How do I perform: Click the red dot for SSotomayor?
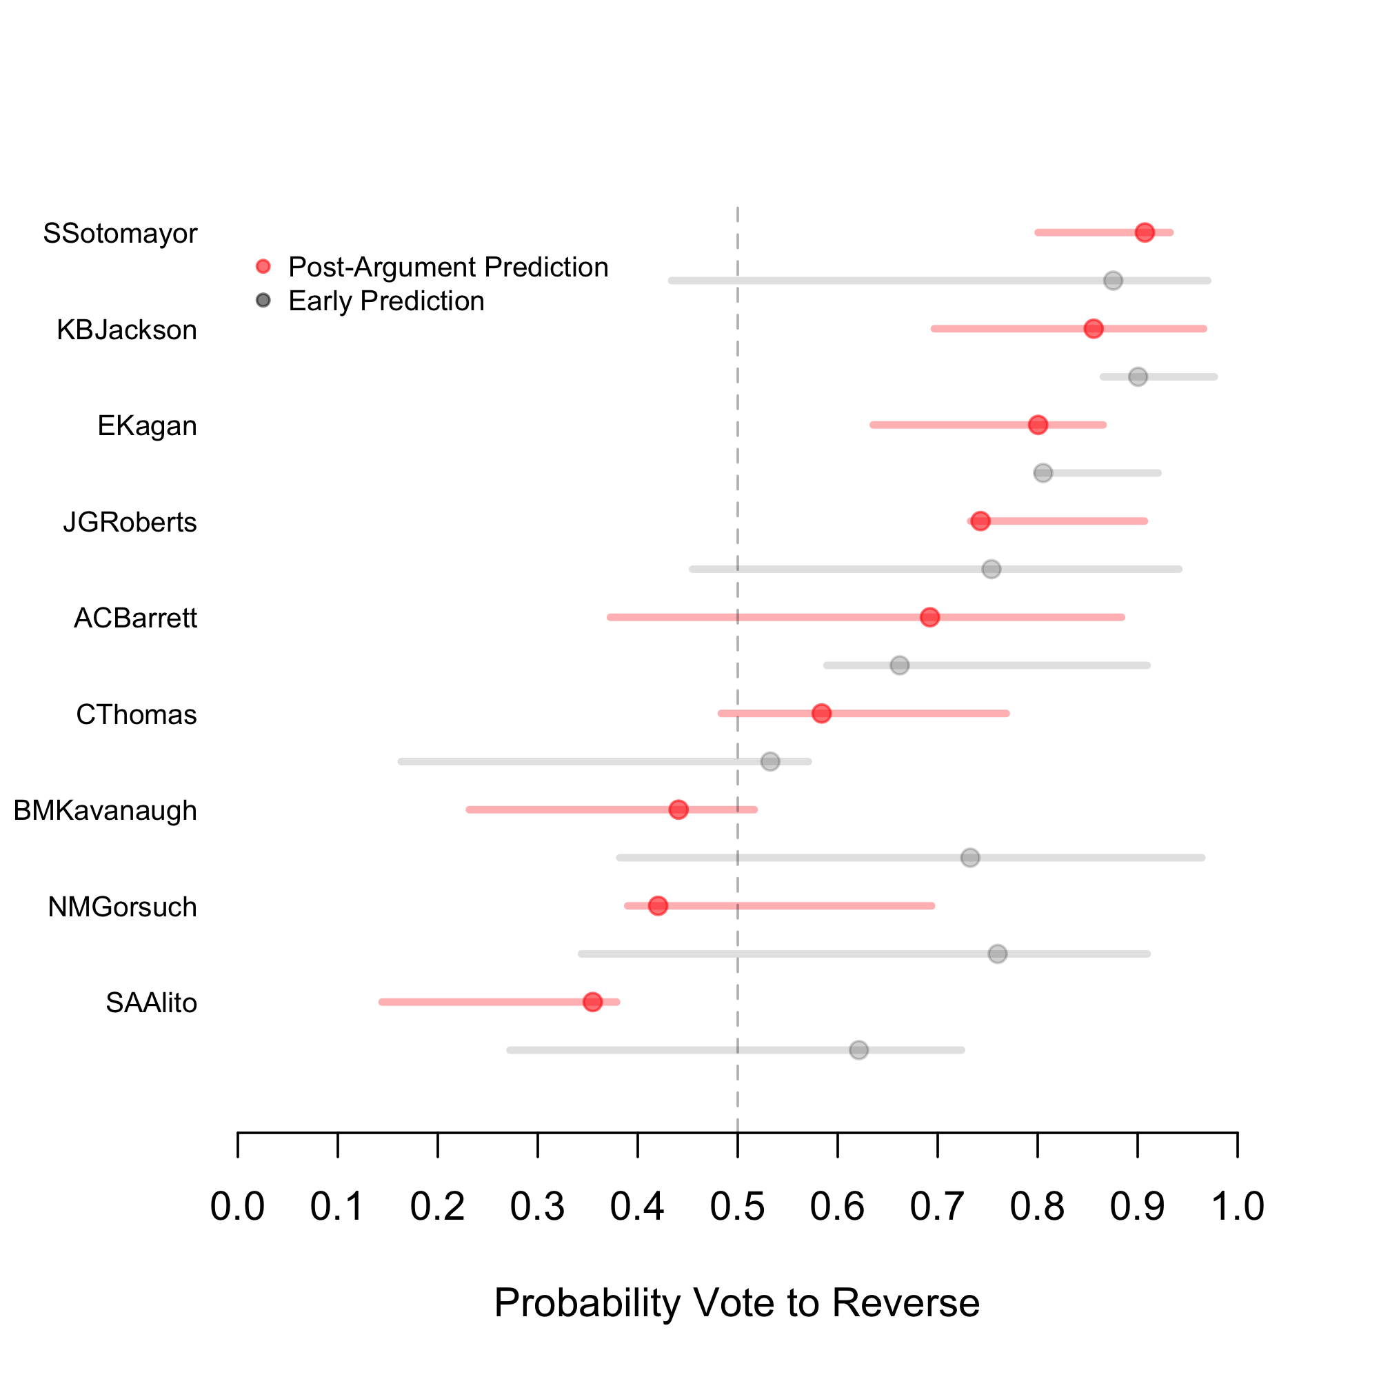tap(1144, 232)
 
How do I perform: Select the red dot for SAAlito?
tap(592, 1002)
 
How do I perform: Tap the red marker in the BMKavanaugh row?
tap(678, 809)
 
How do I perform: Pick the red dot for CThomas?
tap(822, 713)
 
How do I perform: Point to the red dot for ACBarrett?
tap(929, 617)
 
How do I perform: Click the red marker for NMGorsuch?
tap(657, 906)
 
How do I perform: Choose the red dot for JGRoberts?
tap(980, 521)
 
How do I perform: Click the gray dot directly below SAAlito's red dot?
tap(858, 1050)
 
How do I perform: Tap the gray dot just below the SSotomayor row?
tap(1113, 281)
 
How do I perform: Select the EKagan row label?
tap(147, 426)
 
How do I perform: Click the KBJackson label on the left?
tap(126, 330)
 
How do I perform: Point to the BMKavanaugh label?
tap(105, 811)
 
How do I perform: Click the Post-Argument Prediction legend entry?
tap(447, 267)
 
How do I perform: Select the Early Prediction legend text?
tap(386, 301)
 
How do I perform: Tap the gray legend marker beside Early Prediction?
tap(263, 301)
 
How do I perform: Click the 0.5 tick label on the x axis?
tap(737, 1206)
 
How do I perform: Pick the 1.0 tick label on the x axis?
tap(1238, 1206)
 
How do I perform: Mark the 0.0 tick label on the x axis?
tap(238, 1206)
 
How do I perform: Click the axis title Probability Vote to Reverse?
tap(736, 1302)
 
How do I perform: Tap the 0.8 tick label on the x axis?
tap(1037, 1206)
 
